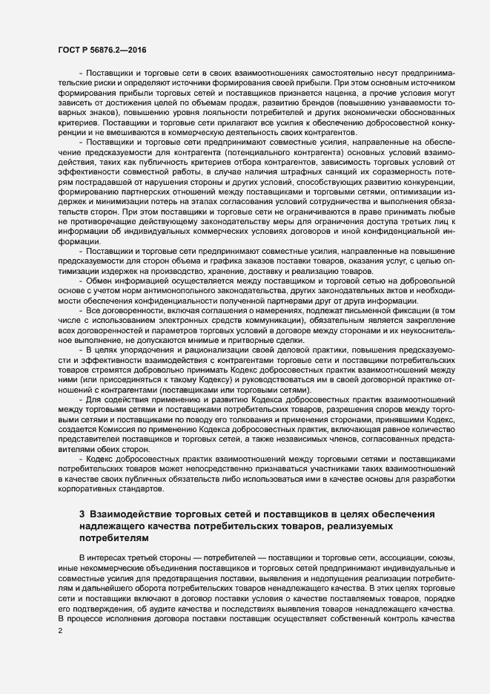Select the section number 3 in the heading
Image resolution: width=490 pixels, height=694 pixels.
[x=82, y=514]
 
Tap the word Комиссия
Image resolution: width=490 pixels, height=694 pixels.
[x=115, y=428]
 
